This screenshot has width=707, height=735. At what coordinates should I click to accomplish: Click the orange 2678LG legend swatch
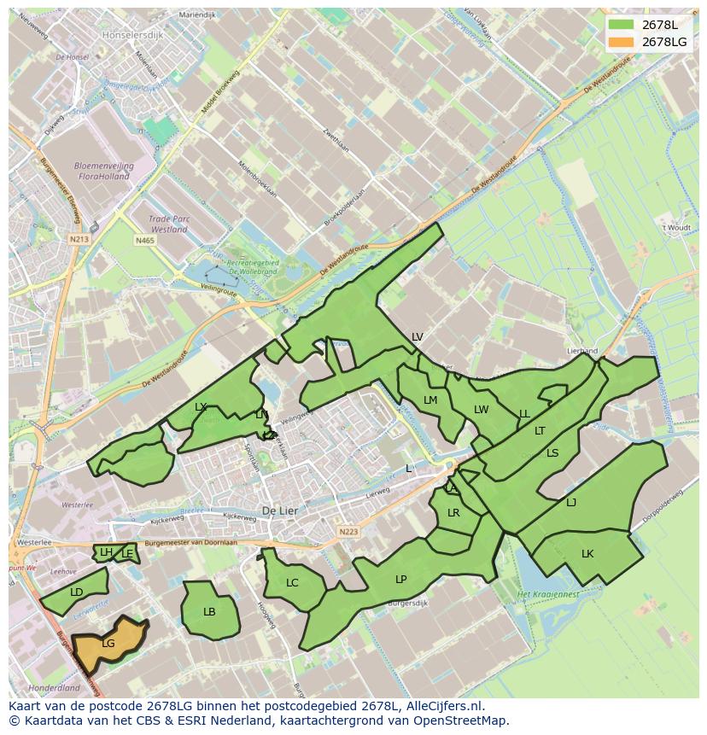[622, 42]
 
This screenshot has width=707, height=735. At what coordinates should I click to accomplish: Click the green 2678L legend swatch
[622, 25]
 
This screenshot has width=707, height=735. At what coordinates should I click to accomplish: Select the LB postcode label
[209, 612]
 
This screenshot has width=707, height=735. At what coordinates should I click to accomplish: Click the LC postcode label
[292, 583]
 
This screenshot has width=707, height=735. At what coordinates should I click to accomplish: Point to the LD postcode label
[77, 592]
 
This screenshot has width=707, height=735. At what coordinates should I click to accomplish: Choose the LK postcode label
[587, 554]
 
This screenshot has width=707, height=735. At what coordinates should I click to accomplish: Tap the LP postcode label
[400, 580]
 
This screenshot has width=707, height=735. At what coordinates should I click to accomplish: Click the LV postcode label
[417, 337]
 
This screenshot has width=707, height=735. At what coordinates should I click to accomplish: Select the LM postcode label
[430, 400]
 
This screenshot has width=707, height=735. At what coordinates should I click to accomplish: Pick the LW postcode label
[482, 410]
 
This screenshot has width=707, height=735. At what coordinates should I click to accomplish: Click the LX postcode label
[201, 407]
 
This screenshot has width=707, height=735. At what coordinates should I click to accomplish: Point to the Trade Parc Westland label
[168, 224]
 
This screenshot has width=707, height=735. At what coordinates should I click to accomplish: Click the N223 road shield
[348, 531]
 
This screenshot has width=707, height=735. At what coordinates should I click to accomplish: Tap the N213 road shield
[79, 240]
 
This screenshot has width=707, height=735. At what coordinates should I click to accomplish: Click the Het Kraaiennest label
[548, 593]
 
